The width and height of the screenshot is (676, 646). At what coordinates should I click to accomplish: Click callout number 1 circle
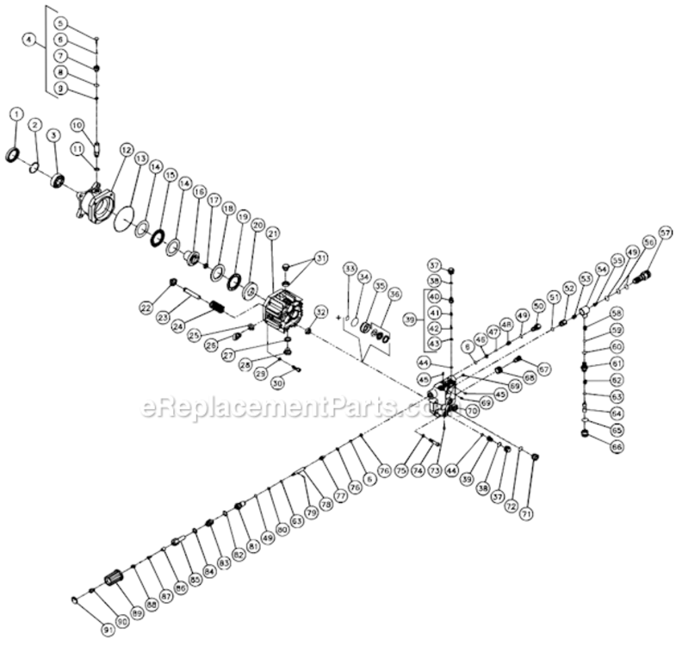[x=16, y=115]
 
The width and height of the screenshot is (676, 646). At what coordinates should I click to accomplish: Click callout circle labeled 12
[x=126, y=151]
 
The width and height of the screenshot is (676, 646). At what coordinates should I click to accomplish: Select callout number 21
[x=273, y=233]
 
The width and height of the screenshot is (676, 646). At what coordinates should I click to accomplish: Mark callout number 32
[x=320, y=311]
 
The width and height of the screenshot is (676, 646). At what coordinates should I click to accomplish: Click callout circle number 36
[x=394, y=294]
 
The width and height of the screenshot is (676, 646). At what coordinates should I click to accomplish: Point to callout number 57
[x=665, y=233]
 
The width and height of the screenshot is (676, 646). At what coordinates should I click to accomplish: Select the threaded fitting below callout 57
[x=642, y=278]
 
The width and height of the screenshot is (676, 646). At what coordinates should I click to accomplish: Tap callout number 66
[x=617, y=447]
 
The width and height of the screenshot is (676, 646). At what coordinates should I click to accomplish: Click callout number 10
[x=76, y=125]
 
